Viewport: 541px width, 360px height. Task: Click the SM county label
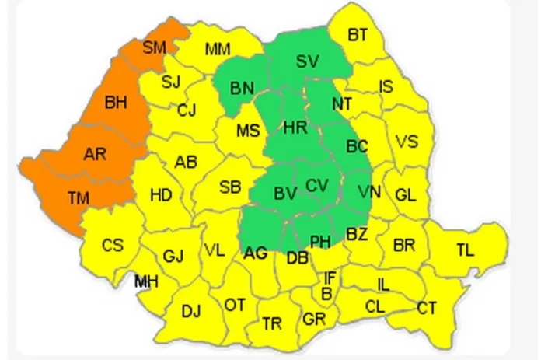coord(155,48)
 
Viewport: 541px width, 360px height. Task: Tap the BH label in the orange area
coord(117,102)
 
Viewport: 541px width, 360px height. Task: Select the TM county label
coord(78,198)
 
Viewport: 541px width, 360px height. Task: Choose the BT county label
coord(358,34)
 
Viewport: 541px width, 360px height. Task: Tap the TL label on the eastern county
coord(465,250)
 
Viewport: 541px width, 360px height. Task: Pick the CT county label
coord(426,309)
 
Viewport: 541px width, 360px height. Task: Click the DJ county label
coord(190,311)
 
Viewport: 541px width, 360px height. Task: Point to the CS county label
coord(113,245)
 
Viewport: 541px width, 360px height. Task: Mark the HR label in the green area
coord(295,128)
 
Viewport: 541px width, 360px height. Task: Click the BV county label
coord(285,191)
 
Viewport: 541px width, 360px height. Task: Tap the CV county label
coord(317,186)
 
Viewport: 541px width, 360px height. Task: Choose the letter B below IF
coord(326,293)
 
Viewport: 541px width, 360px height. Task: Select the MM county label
coord(218,50)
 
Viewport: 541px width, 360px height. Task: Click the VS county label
coord(406,142)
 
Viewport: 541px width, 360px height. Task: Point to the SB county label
coord(229,187)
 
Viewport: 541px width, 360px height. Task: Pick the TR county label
coord(272,323)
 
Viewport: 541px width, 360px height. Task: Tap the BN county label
coord(242,88)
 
